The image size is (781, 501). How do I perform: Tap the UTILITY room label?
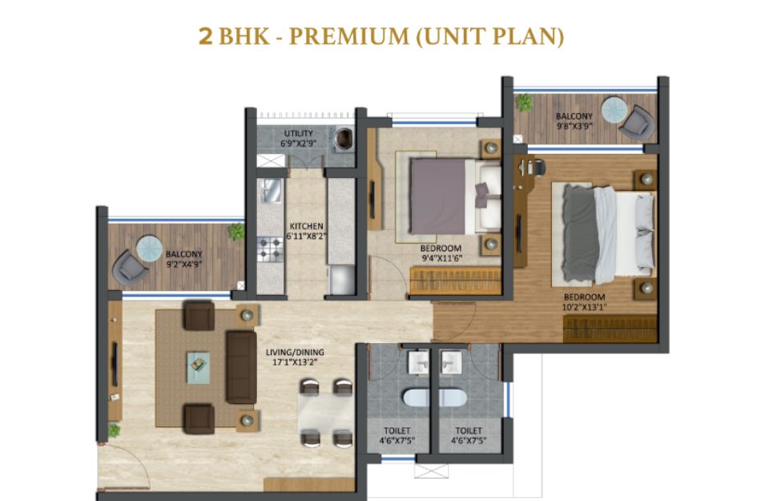pyautogui.click(x=298, y=133)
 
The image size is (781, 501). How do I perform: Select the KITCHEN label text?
pyautogui.click(x=306, y=226)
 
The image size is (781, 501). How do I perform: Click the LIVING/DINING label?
pyautogui.click(x=295, y=352)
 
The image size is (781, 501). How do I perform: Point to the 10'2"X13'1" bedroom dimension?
pyautogui.click(x=584, y=307)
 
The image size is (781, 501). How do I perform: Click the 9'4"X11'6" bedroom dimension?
pyautogui.click(x=441, y=258)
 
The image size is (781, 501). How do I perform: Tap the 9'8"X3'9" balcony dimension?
pyautogui.click(x=574, y=126)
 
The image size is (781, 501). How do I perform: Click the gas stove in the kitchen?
pyautogui.click(x=270, y=249)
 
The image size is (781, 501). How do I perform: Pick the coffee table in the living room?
pyautogui.click(x=198, y=367)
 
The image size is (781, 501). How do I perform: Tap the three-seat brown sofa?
pyautogui.click(x=241, y=366)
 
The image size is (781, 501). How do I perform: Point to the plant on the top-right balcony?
pyautogui.click(x=524, y=103)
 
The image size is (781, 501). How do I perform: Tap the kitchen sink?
pyautogui.click(x=271, y=190)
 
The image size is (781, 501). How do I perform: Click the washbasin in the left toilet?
pyautogui.click(x=417, y=362)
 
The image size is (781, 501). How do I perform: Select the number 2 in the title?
pyautogui.click(x=206, y=37)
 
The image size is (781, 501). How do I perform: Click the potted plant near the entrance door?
pyautogui.click(x=114, y=430)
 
